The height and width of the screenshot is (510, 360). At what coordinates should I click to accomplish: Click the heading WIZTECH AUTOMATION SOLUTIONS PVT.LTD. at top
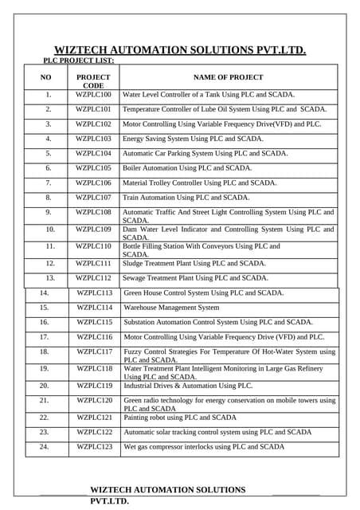point(180,50)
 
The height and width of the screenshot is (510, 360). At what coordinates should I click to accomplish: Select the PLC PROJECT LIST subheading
point(78,61)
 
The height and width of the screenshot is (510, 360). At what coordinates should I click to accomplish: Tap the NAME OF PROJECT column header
point(229,77)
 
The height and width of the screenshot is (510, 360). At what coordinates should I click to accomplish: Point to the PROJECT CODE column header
point(93,81)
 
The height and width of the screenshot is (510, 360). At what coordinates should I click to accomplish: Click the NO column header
point(46,77)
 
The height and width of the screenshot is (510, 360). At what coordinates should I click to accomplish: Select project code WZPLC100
point(93,95)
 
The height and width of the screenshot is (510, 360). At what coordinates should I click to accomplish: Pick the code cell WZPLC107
point(93,197)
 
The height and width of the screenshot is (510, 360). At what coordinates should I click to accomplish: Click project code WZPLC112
point(93,278)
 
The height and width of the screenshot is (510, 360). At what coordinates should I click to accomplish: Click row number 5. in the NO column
point(48,153)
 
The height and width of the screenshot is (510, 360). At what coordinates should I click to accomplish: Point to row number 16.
point(45,322)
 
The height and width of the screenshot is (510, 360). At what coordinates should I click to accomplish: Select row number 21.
point(45,400)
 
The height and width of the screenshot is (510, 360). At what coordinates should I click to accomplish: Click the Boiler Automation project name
point(187,168)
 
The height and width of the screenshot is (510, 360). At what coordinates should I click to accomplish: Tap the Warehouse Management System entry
point(171,307)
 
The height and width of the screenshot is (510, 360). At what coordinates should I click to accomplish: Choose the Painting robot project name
point(180,417)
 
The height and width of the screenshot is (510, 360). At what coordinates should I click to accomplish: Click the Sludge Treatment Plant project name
point(194,263)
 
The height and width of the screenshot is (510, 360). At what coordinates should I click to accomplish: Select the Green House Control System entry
point(204,292)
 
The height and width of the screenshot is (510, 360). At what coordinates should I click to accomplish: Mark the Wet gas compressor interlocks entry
point(204,447)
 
